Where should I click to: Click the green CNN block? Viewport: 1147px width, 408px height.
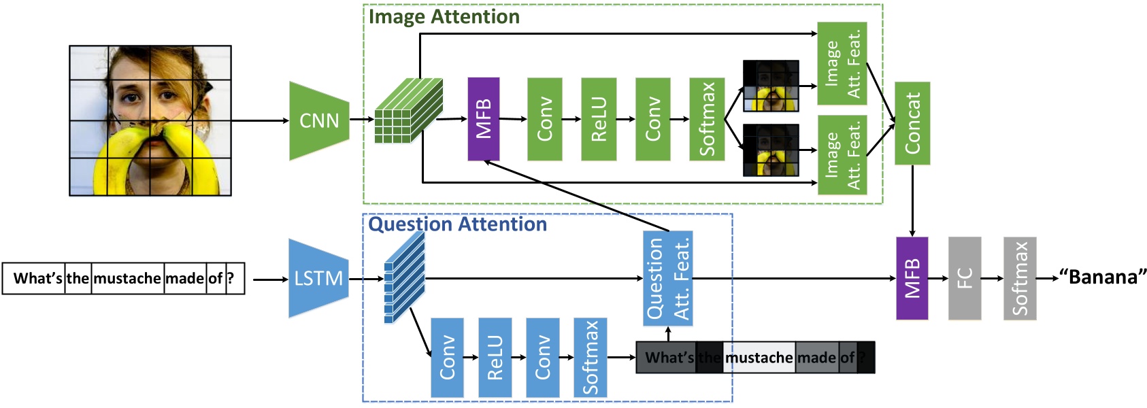click(x=319, y=121)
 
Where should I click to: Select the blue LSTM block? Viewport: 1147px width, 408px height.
click(x=318, y=278)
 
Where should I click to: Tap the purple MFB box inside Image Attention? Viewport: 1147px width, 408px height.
click(x=483, y=119)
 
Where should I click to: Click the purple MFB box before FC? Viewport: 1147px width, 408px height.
click(x=912, y=278)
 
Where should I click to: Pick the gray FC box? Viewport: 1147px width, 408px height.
click(x=964, y=278)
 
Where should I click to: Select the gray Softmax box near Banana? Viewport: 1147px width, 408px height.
click(x=1019, y=278)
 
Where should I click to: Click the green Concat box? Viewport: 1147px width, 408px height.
click(x=912, y=123)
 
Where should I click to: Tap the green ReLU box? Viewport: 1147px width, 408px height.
click(x=599, y=119)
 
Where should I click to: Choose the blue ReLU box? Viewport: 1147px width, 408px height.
click(x=495, y=358)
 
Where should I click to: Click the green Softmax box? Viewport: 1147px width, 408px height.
click(x=707, y=119)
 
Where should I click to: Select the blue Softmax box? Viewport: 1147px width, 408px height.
click(x=590, y=358)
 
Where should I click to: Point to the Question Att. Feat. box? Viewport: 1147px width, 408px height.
click(x=667, y=278)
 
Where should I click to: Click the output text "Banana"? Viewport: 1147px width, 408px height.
click(x=1102, y=277)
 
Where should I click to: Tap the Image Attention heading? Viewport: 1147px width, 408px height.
click(x=444, y=17)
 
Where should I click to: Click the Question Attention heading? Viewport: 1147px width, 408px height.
click(x=457, y=224)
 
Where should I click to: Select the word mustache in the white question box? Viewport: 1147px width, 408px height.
click(x=127, y=278)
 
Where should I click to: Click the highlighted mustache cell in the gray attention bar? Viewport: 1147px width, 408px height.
click(x=759, y=358)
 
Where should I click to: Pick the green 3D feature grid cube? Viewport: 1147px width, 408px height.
click(x=408, y=110)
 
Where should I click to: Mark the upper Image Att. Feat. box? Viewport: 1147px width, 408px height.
click(x=842, y=63)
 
